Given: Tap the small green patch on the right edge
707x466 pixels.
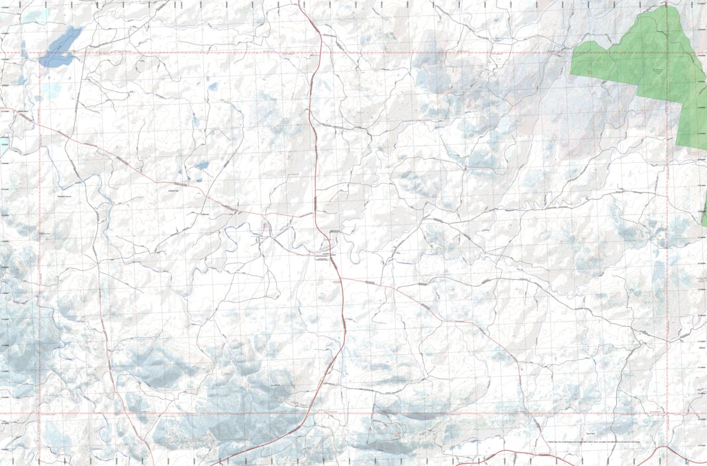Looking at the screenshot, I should (x=704, y=215).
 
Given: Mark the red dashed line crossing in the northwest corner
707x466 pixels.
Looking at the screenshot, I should (x=40, y=52).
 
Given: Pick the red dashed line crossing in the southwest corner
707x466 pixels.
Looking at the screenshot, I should (x=40, y=414).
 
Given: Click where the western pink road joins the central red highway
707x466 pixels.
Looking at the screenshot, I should (x=316, y=215).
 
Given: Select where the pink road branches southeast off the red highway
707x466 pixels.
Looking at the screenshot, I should (x=342, y=278).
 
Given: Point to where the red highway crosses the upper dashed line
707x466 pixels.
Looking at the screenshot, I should (x=321, y=52).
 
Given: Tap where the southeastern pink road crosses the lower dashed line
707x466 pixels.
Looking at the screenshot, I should (x=530, y=414).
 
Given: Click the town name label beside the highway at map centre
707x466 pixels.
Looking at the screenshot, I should (x=324, y=254).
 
